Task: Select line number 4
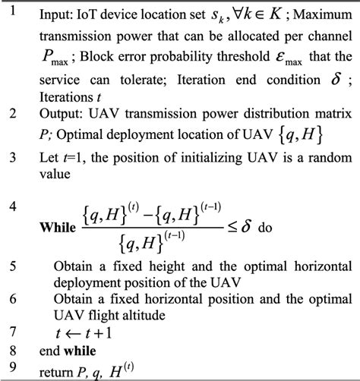11,206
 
